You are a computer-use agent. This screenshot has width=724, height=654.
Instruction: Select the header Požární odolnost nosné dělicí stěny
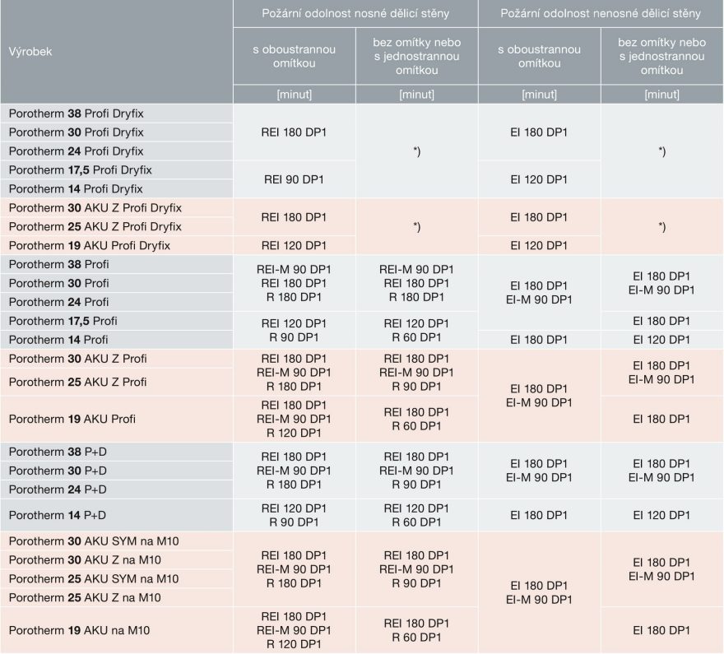tap(355, 14)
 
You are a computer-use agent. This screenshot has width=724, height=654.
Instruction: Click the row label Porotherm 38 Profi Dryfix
tap(76, 112)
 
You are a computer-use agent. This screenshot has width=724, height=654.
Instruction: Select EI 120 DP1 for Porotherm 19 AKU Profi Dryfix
tap(539, 245)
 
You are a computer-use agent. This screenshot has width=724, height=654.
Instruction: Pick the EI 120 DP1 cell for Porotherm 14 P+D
tap(661, 515)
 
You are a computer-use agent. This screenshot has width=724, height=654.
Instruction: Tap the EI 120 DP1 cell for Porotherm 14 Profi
tap(661, 339)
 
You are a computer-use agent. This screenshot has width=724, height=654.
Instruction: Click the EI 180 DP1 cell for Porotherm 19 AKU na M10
tap(661, 630)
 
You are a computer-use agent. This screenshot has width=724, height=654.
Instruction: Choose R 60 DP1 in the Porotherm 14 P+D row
tap(416, 522)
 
